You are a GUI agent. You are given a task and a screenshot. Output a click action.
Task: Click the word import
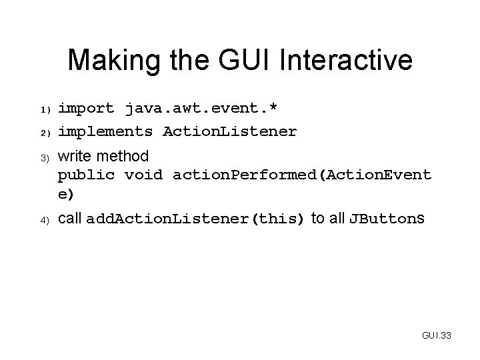click(86, 108)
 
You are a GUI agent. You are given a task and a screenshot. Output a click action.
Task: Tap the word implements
click(105, 131)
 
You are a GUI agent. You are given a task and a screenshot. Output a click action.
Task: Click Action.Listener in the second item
click(230, 131)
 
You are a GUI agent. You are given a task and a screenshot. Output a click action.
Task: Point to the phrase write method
click(103, 157)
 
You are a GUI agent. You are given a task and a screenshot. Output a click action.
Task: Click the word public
click(86, 176)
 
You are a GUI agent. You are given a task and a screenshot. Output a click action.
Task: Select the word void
click(144, 176)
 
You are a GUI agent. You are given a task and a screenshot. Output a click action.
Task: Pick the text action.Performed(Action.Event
click(301, 176)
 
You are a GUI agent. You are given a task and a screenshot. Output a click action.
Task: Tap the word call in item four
click(69, 219)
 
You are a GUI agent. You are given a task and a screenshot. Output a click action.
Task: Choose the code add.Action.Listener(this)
click(195, 219)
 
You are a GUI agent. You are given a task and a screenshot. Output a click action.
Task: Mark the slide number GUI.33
click(437, 335)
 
